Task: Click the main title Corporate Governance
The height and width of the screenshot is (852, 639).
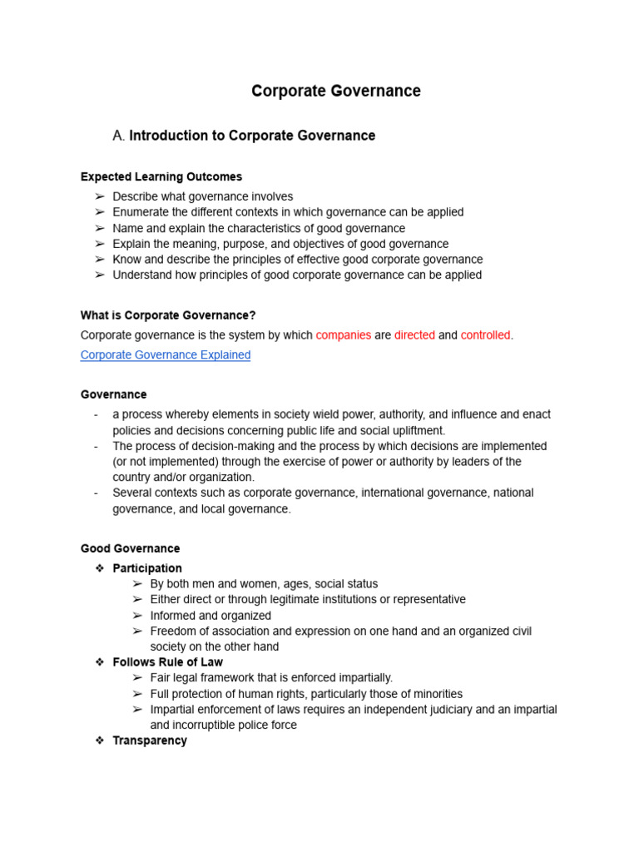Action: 336,92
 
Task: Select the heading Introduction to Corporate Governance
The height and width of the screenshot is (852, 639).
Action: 252,136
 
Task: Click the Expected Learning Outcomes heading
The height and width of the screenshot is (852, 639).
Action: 161,176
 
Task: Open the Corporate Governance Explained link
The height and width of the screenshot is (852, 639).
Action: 165,355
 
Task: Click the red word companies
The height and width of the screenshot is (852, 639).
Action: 343,335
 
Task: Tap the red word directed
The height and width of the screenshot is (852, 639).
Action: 414,335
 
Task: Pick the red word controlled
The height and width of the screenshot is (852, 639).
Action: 486,335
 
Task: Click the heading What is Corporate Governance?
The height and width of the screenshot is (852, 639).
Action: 168,315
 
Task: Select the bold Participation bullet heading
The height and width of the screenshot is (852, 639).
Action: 147,568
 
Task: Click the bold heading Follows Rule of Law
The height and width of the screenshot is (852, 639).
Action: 167,662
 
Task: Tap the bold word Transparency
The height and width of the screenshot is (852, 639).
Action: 150,741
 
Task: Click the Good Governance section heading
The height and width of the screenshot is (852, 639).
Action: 130,549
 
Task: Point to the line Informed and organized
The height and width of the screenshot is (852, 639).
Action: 211,616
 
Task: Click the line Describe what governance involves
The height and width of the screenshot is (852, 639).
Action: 203,197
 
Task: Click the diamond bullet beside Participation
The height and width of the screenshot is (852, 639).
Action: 99,568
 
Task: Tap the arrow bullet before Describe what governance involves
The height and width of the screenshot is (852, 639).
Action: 99,197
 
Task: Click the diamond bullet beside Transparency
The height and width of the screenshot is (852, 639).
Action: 99,741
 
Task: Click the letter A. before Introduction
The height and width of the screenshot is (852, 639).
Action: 118,136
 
